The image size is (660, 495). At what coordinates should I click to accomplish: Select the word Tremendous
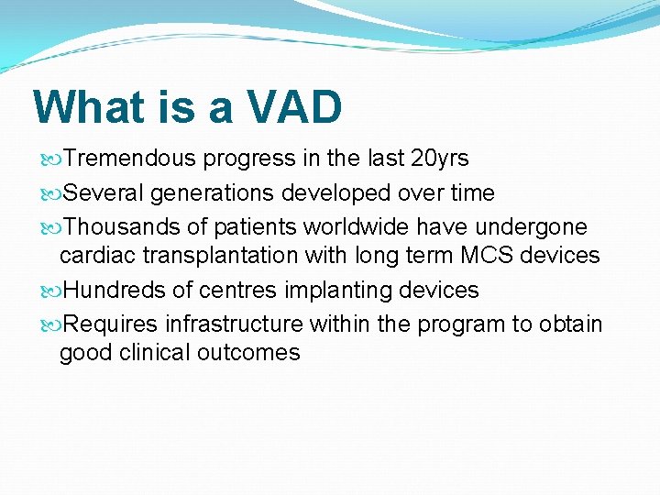(x=130, y=159)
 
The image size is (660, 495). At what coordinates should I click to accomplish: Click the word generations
(x=211, y=193)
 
